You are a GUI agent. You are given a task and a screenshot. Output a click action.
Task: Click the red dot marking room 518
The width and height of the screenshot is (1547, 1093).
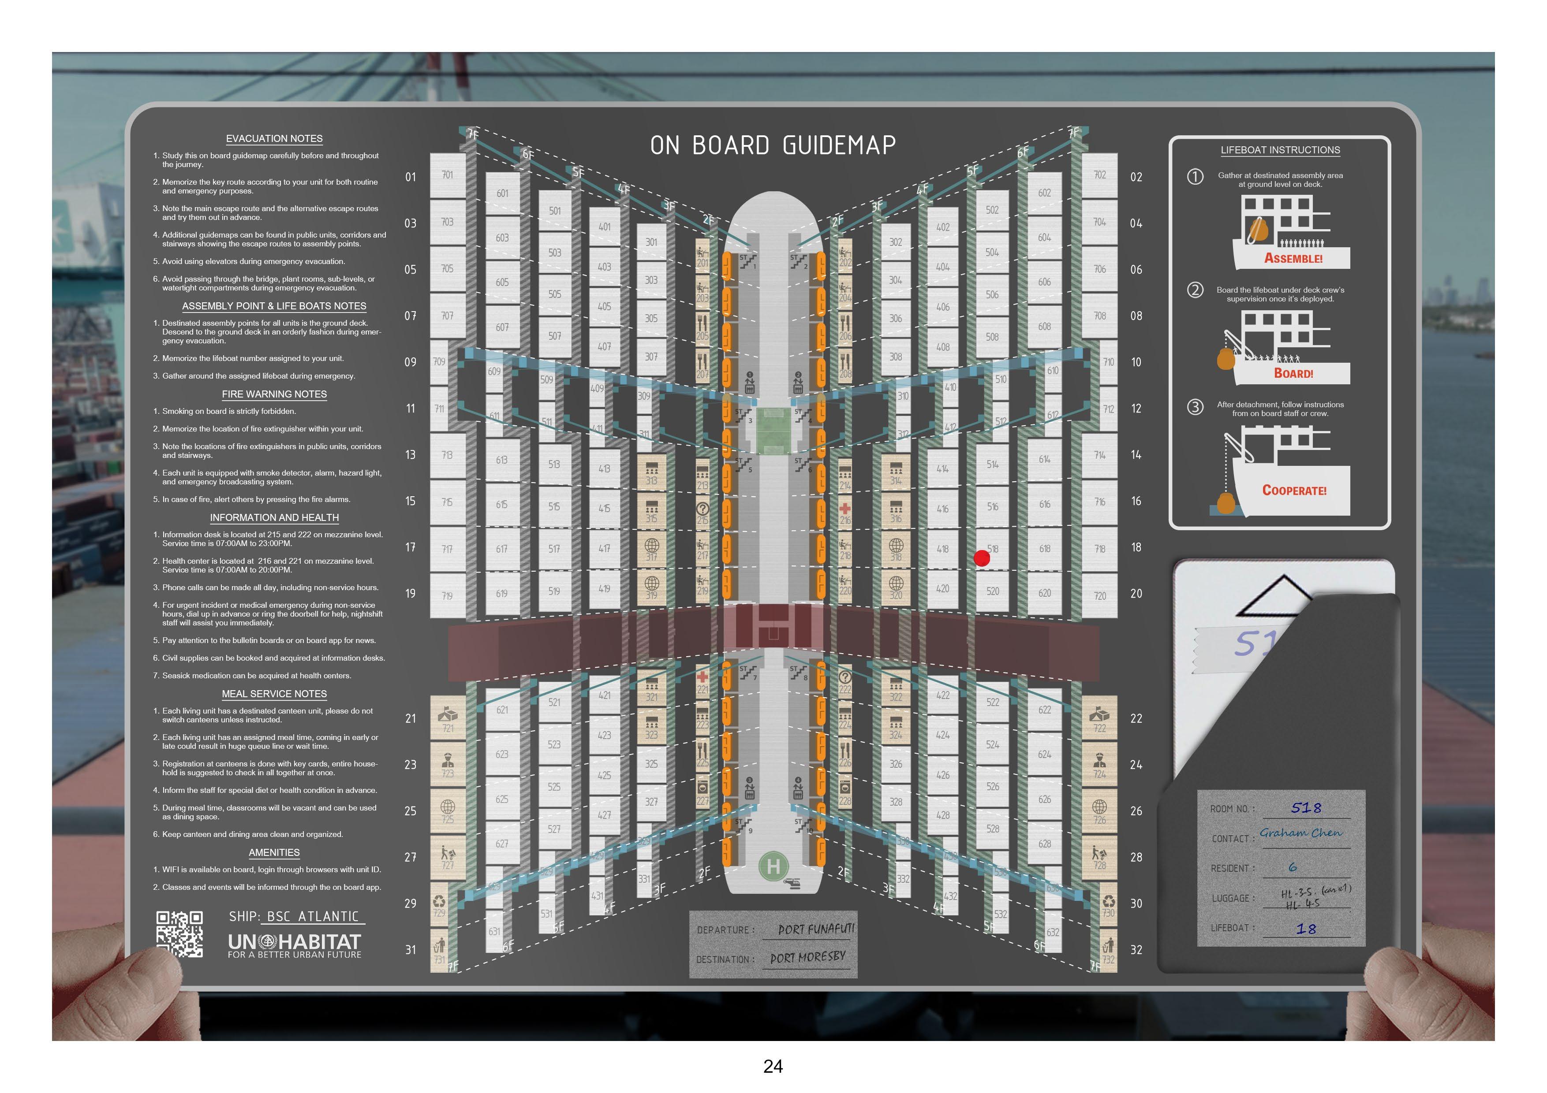[982, 558]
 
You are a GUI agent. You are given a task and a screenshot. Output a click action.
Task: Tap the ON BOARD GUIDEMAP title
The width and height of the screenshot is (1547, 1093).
[773, 145]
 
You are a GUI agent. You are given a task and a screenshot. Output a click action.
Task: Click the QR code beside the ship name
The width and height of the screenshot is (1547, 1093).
[179, 934]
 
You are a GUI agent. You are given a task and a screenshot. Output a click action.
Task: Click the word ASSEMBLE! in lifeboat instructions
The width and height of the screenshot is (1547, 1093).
[1293, 258]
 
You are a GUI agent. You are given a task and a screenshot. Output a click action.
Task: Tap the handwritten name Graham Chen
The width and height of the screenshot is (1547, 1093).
[1300, 833]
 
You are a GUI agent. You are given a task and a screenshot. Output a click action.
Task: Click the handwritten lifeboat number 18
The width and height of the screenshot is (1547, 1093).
[1306, 929]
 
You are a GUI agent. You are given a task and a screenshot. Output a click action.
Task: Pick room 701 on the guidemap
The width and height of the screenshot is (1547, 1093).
[448, 175]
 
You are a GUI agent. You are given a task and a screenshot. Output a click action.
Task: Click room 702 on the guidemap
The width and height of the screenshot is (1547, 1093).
[1099, 175]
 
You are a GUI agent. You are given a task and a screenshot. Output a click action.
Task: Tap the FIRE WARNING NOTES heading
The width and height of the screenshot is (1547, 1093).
[274, 394]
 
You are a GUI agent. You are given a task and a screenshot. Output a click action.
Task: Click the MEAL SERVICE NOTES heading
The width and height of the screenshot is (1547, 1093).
[274, 694]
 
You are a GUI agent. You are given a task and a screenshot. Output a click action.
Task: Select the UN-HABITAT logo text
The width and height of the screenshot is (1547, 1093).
[295, 942]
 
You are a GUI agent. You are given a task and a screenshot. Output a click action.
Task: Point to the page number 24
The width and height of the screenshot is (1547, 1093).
[773, 1066]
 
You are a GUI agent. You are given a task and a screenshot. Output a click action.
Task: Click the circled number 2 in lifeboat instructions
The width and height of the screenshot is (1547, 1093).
[1195, 290]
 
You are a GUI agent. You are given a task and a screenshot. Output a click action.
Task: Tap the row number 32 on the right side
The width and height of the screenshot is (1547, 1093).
[1136, 950]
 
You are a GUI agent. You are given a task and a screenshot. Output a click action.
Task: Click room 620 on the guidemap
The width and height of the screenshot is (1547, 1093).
[1044, 593]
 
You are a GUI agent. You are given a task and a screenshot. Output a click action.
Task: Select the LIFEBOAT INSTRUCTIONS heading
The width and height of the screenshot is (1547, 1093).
[1280, 150]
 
